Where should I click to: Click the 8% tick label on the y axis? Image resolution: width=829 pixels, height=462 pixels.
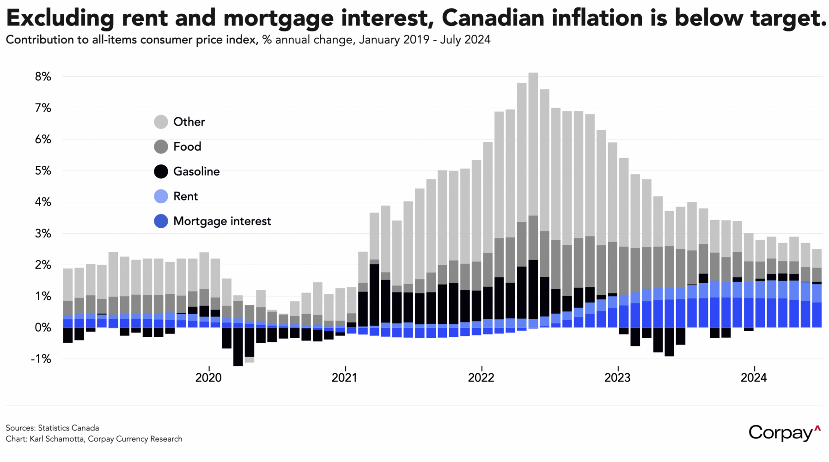tap(43, 77)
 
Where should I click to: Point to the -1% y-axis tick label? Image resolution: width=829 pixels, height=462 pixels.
tap(41, 359)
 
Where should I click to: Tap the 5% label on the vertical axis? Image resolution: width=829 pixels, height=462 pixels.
tap(43, 171)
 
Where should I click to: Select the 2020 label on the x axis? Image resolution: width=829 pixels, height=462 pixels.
tap(208, 377)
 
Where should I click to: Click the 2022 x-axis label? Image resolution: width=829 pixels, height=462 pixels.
tap(481, 377)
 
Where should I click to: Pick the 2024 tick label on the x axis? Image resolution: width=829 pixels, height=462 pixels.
tap(754, 377)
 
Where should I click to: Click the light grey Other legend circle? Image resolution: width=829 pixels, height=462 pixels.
tap(161, 122)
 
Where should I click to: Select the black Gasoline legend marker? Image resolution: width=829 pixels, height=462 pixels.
tap(161, 171)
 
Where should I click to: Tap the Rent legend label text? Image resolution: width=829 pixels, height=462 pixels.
tap(185, 196)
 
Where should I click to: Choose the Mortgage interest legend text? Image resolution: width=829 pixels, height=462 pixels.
tap(222, 221)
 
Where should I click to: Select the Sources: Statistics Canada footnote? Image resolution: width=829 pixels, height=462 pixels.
tap(52, 428)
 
